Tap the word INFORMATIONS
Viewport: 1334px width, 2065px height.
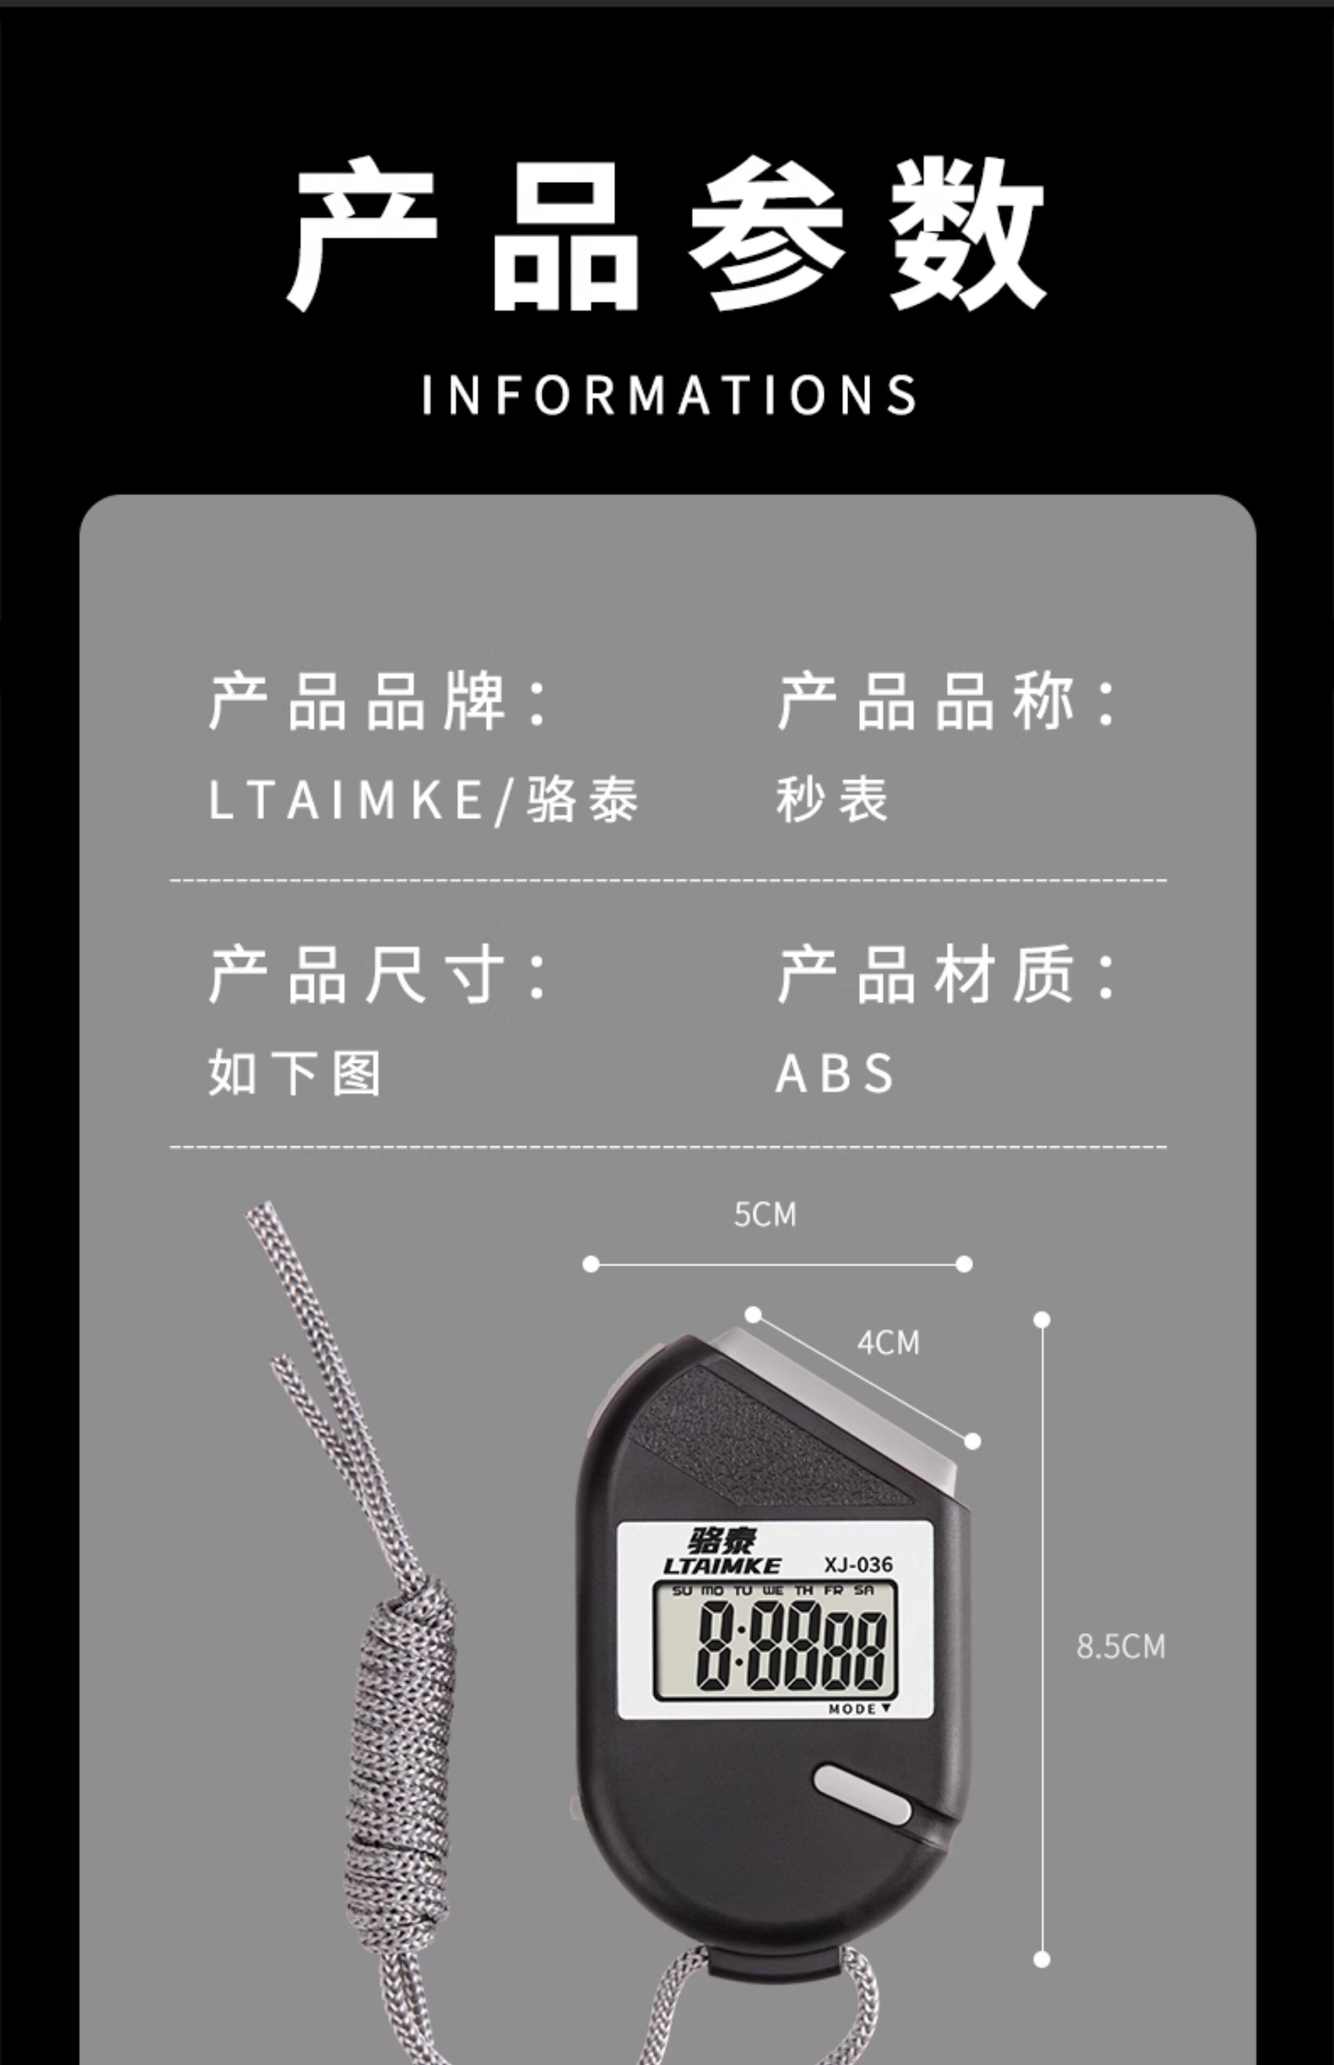669,396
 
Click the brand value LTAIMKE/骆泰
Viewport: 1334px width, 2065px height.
423,798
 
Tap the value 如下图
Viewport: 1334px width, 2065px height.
295,1073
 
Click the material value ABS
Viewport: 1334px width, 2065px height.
834,1073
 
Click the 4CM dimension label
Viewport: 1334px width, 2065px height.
888,1343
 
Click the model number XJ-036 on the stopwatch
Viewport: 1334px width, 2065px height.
857,1564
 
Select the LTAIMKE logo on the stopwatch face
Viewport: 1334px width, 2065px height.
721,1565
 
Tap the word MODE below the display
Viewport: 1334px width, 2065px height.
853,1709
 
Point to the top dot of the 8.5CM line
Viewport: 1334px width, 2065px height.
1042,1320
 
